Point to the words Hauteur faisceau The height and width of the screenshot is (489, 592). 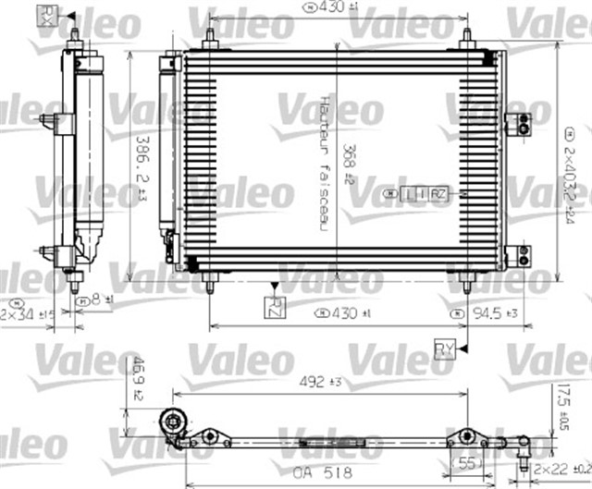[325, 163]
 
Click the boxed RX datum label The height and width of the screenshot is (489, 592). [47, 15]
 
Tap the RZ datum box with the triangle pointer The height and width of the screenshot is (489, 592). [275, 307]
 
